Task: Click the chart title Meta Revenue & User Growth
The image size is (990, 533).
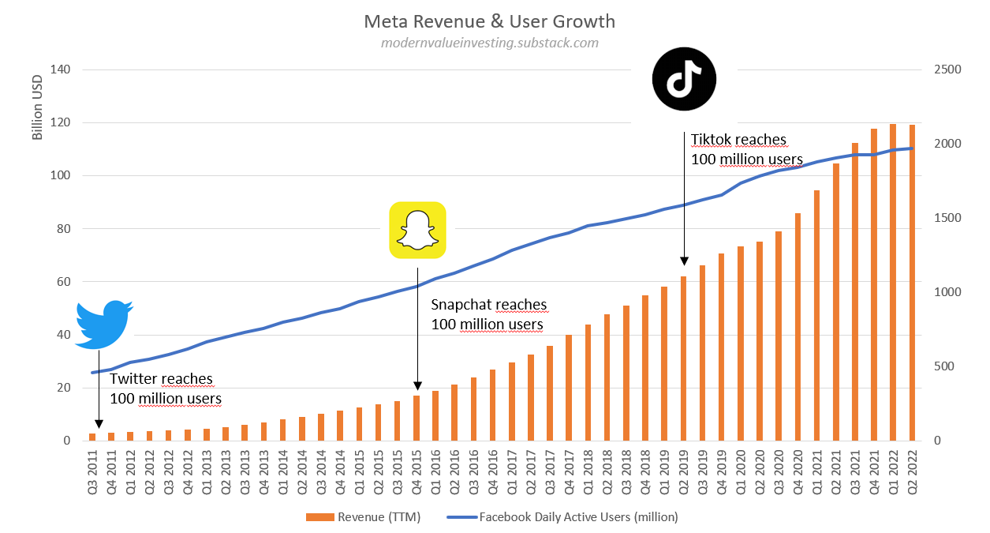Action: point(489,21)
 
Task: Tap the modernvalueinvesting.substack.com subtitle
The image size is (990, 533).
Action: point(489,43)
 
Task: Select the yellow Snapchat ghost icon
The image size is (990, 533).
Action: point(417,230)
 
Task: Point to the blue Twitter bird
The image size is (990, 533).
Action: point(104,324)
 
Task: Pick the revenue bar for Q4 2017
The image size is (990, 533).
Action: point(569,388)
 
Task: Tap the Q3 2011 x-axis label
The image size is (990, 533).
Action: point(92,471)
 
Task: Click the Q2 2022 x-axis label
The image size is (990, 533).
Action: point(913,471)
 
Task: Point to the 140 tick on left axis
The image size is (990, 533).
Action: point(60,69)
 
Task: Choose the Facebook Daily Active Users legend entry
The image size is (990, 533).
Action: point(562,517)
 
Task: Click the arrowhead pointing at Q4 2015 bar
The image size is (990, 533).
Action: point(417,385)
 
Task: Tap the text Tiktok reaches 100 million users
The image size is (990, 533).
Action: point(746,150)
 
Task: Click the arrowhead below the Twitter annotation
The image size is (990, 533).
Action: point(99,422)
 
